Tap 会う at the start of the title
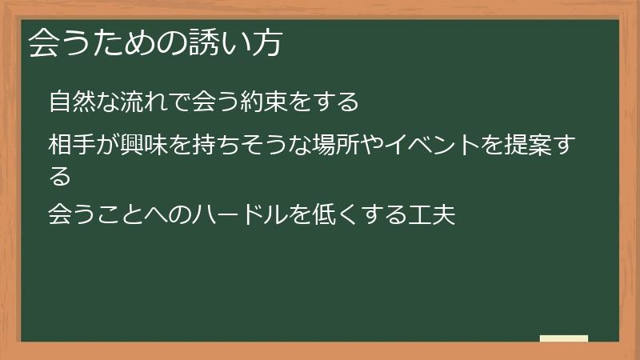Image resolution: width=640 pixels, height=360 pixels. [x=55, y=43]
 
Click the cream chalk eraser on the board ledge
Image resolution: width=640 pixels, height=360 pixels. [x=564, y=338]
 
